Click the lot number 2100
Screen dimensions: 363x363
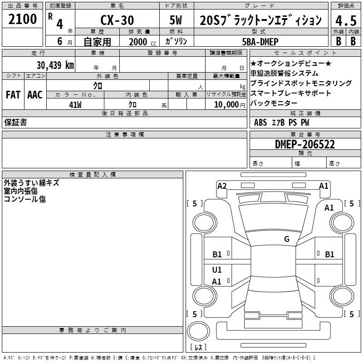coord(23,19)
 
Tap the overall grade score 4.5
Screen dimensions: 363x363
coord(345,20)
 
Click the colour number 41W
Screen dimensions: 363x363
coord(75,104)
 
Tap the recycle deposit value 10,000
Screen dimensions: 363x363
coord(225,104)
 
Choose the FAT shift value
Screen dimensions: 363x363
coord(13,95)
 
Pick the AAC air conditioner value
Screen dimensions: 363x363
coord(34,95)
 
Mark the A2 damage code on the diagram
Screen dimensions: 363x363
coord(222,186)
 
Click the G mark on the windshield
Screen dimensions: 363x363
coord(287,239)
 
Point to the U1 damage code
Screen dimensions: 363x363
coord(217,270)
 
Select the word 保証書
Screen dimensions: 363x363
coord(15,123)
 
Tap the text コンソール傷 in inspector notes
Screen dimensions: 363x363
coord(25,199)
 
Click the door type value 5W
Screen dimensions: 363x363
coord(176,20)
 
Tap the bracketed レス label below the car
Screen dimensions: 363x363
coord(198,347)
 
